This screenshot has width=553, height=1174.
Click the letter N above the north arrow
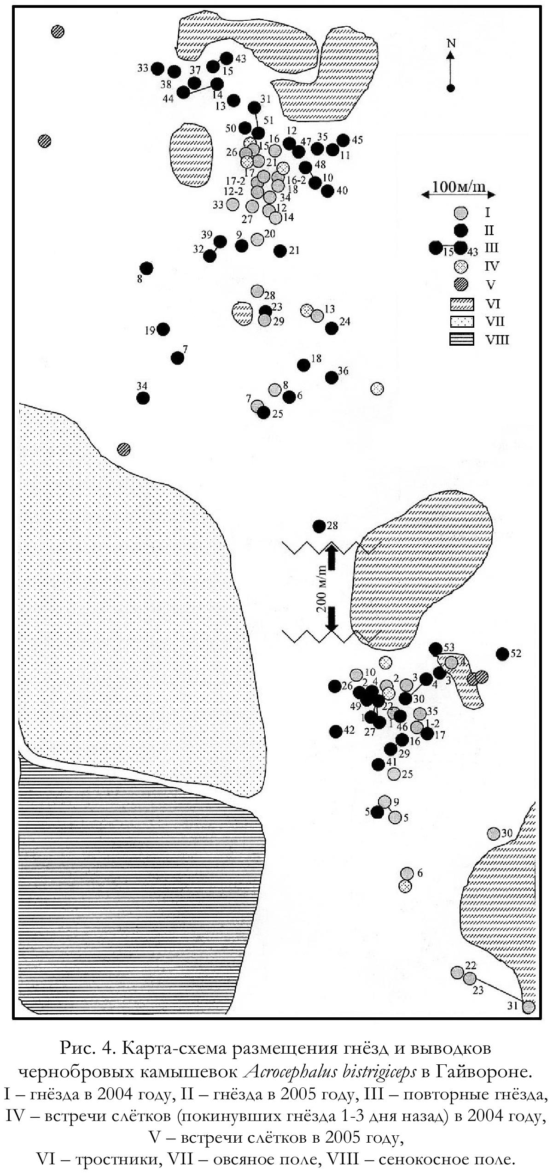coord(451,43)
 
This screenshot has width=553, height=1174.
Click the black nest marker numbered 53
coord(435,649)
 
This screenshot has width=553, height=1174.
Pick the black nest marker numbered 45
coord(343,140)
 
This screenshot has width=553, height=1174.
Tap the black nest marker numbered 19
coord(163,329)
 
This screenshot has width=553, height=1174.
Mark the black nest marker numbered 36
coord(331,377)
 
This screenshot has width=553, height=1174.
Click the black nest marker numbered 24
coord(331,328)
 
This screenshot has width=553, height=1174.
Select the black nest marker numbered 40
coord(327,191)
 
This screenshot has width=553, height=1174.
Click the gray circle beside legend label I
coord(460,212)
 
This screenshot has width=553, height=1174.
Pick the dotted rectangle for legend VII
coord(461,321)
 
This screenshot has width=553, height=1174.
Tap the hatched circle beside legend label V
coord(460,284)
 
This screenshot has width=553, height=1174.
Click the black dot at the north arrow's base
coord(451,88)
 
